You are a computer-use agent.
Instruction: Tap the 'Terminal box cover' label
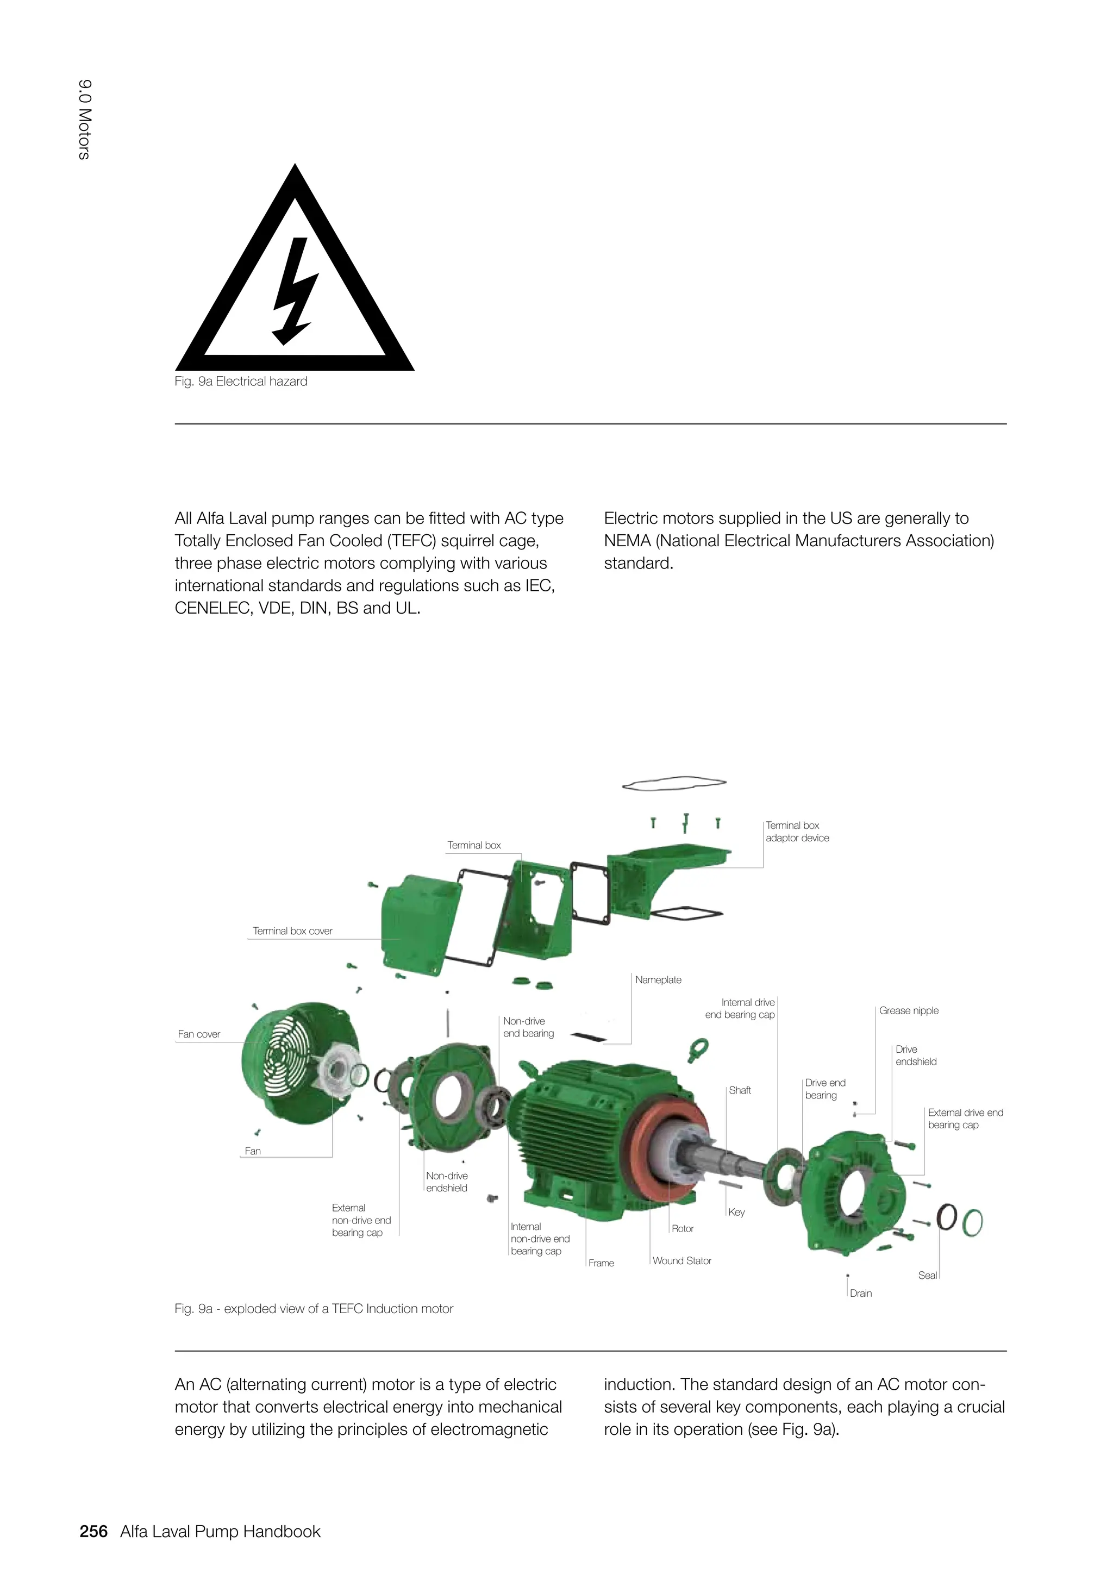point(292,931)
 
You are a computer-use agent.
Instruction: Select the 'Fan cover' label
point(199,1034)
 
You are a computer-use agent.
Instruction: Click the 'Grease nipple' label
point(909,1010)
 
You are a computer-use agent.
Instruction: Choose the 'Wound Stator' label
point(682,1261)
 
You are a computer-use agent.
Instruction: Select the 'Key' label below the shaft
point(737,1212)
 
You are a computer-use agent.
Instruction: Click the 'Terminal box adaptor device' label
point(797,832)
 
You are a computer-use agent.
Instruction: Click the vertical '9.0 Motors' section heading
point(84,120)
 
